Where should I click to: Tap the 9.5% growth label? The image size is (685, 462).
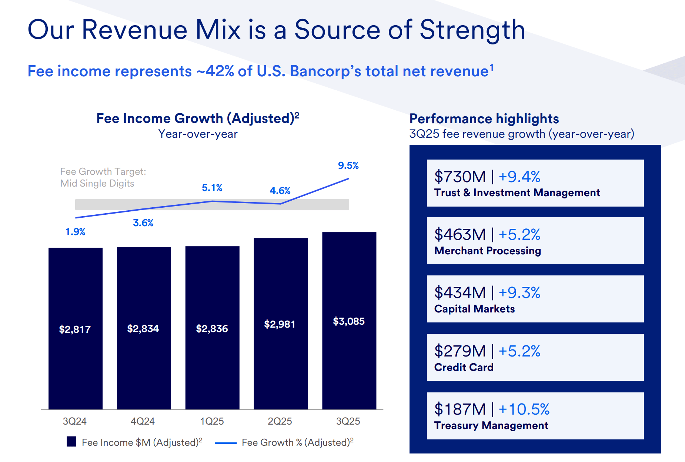point(348,165)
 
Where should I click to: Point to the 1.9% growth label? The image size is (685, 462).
point(75,232)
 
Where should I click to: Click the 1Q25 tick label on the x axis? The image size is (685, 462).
point(212,421)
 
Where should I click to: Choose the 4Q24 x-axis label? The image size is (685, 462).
point(143,421)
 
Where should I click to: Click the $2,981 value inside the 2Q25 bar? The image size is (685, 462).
point(280,324)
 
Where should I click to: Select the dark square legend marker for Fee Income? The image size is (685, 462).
point(71,442)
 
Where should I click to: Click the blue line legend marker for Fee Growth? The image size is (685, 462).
point(225,443)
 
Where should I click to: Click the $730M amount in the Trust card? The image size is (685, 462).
point(460,177)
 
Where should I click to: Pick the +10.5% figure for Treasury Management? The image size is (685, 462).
point(524,409)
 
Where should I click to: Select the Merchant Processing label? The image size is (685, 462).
point(487,251)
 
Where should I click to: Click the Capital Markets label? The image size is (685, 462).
point(474,309)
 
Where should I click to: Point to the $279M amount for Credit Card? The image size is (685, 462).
point(460,351)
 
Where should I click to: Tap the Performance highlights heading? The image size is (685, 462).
point(484,119)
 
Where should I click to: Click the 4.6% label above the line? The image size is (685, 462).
point(280,191)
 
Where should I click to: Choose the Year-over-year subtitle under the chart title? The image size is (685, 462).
point(198,134)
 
